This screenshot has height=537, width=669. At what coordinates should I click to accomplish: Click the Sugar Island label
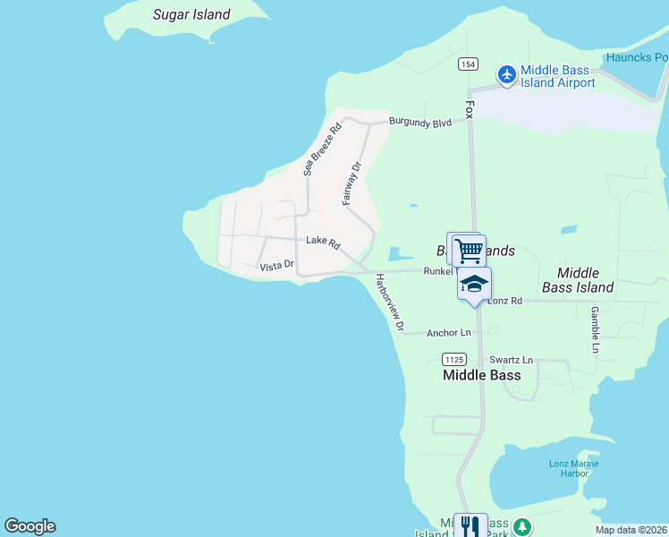(191, 14)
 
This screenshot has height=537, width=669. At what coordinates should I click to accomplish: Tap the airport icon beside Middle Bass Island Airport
(507, 73)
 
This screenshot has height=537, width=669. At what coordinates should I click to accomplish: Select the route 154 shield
(468, 64)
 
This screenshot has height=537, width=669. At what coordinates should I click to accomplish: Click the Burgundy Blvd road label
(419, 123)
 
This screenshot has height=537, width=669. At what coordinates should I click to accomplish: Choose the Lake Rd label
(323, 242)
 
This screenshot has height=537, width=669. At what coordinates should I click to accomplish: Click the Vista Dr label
(276, 265)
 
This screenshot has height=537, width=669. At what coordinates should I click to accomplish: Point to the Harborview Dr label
(391, 302)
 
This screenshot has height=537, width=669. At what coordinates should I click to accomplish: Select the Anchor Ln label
(448, 333)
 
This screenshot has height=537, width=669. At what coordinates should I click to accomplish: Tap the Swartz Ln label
(511, 360)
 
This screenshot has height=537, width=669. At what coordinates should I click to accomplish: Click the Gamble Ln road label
(594, 328)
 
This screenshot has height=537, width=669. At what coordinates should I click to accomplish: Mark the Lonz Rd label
(505, 301)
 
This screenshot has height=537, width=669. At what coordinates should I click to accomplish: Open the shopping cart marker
(469, 250)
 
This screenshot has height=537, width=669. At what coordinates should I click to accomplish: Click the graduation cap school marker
(474, 284)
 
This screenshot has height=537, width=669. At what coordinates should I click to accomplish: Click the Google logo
(30, 526)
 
